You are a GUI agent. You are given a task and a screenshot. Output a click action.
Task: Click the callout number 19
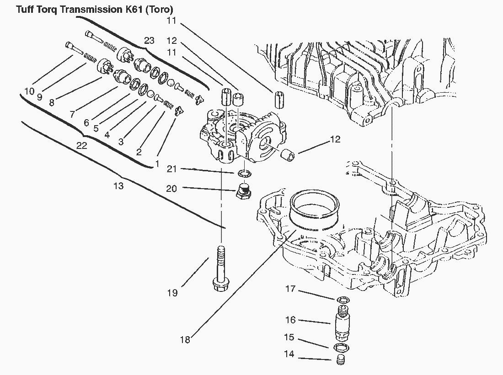point(172,293)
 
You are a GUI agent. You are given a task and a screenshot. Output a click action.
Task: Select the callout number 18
point(185,339)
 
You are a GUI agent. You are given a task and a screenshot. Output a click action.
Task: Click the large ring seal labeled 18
point(315,211)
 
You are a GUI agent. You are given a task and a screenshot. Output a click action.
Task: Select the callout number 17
point(291,289)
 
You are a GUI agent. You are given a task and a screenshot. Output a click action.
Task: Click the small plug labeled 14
point(340,359)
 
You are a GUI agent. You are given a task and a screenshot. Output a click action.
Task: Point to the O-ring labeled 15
point(341,347)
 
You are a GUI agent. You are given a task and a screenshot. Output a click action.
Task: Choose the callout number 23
point(150,40)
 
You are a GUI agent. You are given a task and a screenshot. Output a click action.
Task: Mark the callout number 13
point(118,186)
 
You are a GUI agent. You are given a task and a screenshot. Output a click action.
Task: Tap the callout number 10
point(29,91)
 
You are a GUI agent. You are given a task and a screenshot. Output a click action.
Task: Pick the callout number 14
point(289,354)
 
